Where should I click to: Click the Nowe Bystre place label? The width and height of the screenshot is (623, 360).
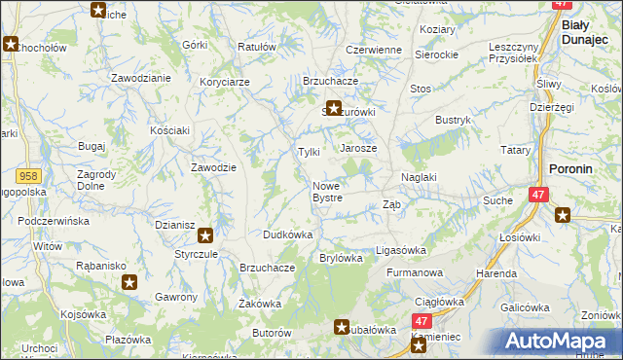[327, 192]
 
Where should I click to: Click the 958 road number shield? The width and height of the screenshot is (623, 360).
[27, 175]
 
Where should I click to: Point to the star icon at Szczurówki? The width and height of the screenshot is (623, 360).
[334, 109]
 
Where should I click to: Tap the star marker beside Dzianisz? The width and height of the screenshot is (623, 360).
[205, 234]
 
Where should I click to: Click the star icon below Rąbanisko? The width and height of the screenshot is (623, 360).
[129, 282]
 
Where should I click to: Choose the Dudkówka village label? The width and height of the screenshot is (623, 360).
[287, 234]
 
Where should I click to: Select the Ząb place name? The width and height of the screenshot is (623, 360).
[391, 204]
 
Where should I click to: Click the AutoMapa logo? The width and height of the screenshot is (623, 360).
[561, 341]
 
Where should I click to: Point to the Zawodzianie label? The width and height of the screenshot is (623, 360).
[141, 77]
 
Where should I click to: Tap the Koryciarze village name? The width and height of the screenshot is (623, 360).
[226, 83]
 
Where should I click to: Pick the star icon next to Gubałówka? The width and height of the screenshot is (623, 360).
[342, 328]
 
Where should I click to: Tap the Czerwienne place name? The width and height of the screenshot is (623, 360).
[374, 50]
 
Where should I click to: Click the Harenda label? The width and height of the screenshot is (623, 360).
[495, 273]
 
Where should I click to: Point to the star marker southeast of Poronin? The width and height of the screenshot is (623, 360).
[562, 216]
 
